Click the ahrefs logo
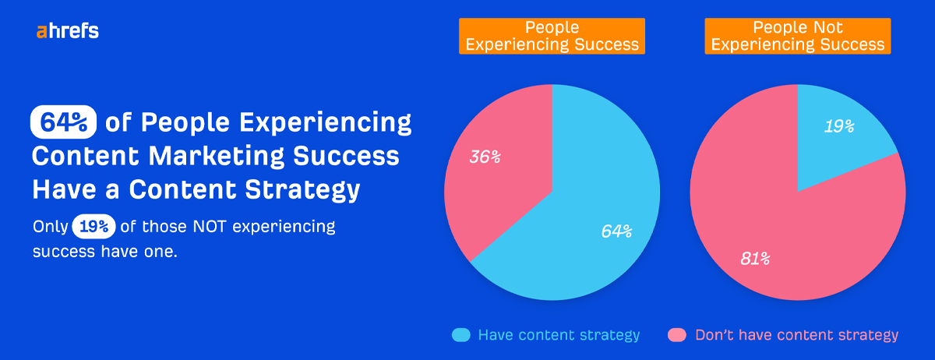tap(67, 32)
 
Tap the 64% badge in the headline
tap(63, 123)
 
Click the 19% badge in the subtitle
tap(94, 227)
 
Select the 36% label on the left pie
tap(485, 157)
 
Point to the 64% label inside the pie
tap(616, 231)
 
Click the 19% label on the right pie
tap(839, 126)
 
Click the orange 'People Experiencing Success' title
tap(552, 36)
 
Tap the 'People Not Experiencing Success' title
tap(798, 36)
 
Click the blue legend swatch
tap(461, 335)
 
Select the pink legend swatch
tap(677, 335)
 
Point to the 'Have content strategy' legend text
tap(559, 335)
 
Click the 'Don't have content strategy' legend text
tap(796, 335)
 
